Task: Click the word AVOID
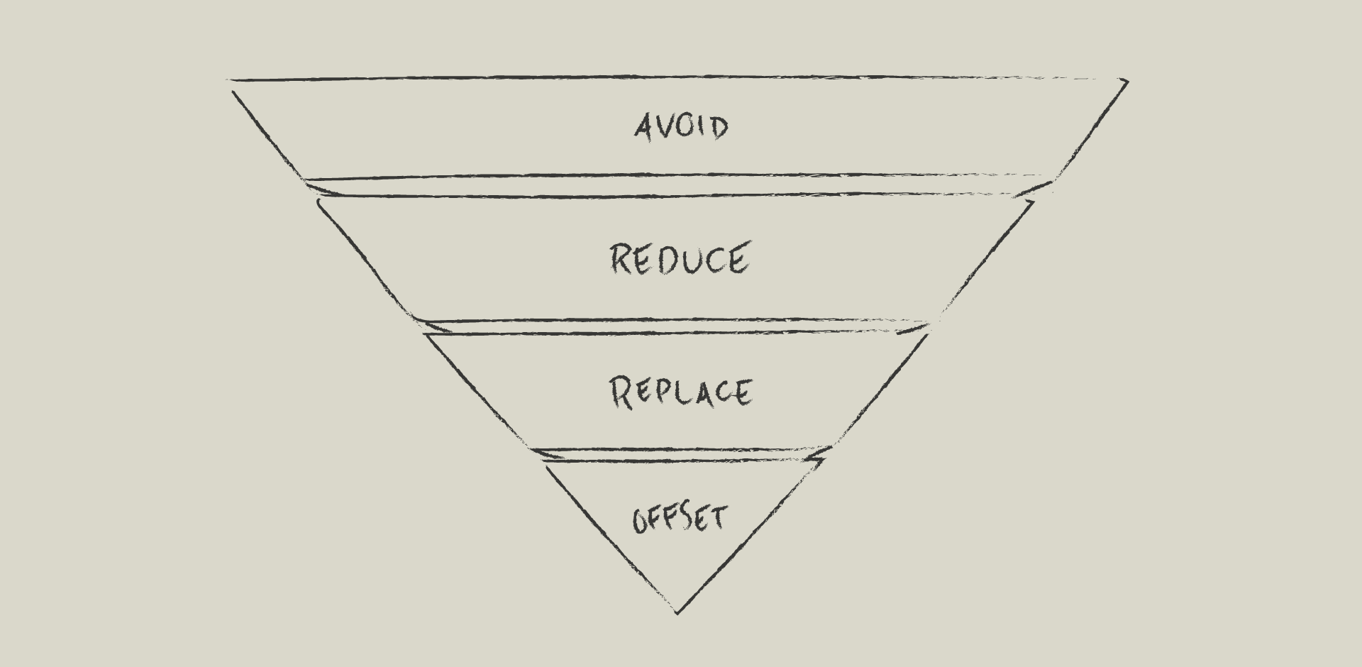pyautogui.click(x=681, y=128)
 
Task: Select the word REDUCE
pyautogui.click(x=680, y=258)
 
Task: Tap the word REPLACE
pyautogui.click(x=681, y=392)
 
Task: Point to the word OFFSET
pyautogui.click(x=680, y=519)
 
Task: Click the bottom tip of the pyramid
pyautogui.click(x=677, y=612)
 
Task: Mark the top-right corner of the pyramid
pyautogui.click(x=1126, y=82)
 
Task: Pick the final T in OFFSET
pyautogui.click(x=718, y=517)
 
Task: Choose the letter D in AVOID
pyautogui.click(x=719, y=128)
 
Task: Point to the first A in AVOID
pyautogui.click(x=643, y=128)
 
